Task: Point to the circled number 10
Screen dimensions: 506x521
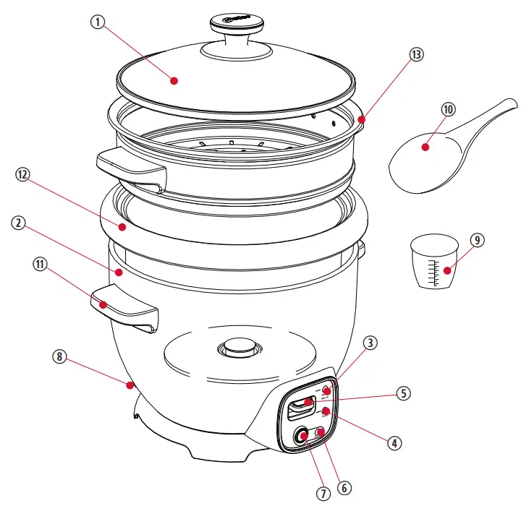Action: coord(448,110)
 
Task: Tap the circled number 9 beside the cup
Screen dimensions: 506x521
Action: coord(476,240)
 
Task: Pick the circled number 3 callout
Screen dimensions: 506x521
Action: coord(370,344)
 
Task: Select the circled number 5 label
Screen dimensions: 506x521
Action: coord(403,394)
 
